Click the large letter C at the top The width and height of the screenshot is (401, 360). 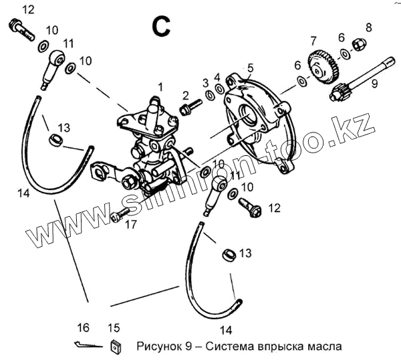click(162, 26)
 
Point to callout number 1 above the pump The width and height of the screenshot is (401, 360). click(160, 86)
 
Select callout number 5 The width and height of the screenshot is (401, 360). click(250, 68)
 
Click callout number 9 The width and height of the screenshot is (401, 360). click(374, 84)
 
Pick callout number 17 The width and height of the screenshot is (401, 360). click(131, 224)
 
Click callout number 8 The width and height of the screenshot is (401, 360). click(368, 27)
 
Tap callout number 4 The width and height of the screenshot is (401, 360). click(217, 77)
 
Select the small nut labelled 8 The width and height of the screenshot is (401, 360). click(358, 45)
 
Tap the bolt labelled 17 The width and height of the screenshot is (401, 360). click(118, 215)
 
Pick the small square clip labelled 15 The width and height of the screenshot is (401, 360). click(115, 345)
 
